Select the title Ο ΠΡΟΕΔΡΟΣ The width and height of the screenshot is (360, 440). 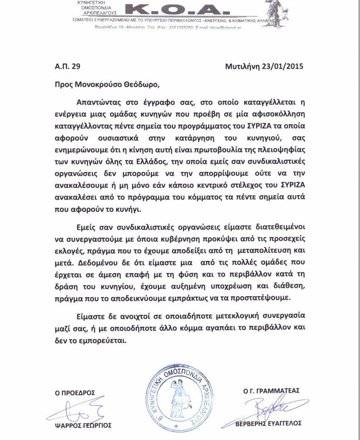[75, 393]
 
